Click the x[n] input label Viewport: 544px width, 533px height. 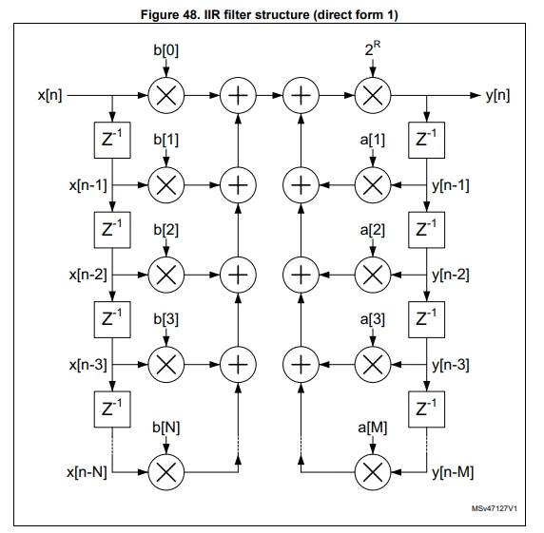pyautogui.click(x=50, y=95)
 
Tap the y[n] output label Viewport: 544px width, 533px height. pyautogui.click(x=497, y=95)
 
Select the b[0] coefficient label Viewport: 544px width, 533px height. pyautogui.click(x=166, y=50)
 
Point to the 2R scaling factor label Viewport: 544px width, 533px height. pyautogui.click(x=372, y=48)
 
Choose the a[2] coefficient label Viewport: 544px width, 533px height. pyautogui.click(x=373, y=230)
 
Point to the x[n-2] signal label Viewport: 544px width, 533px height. pyautogui.click(x=88, y=275)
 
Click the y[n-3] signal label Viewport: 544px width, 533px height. pyautogui.click(x=451, y=365)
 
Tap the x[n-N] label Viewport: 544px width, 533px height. pyautogui.click(x=87, y=472)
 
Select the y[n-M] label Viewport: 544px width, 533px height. pyautogui.click(x=453, y=472)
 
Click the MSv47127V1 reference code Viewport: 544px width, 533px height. pyautogui.click(x=495, y=508)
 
